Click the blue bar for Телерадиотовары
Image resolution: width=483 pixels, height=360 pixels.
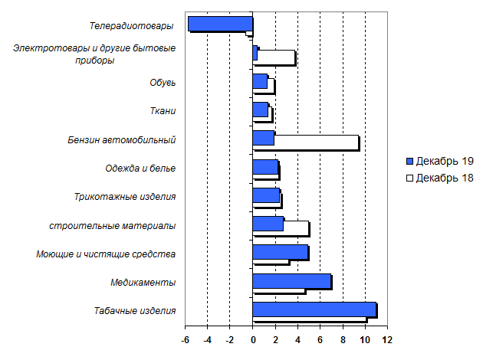(x=220, y=24)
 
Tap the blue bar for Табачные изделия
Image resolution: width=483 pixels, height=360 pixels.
(x=314, y=309)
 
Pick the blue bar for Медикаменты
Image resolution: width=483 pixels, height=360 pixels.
(x=291, y=280)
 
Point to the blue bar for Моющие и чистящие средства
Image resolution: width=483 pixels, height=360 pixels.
(x=280, y=252)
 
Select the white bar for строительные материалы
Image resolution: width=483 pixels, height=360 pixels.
(x=296, y=227)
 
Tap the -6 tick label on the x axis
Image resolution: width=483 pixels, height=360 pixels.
(x=185, y=340)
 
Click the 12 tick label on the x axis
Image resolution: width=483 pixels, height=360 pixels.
(x=386, y=340)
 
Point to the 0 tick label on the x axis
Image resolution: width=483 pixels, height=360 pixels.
(x=252, y=340)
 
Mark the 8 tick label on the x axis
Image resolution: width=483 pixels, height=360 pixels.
(x=343, y=340)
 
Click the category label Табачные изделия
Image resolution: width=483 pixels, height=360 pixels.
(x=135, y=310)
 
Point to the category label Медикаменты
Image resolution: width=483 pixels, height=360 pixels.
(x=143, y=282)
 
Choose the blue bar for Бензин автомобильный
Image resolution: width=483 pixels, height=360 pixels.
(x=263, y=138)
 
